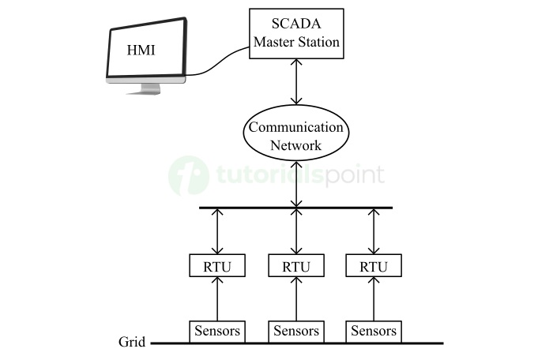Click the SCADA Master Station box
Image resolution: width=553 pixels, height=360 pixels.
click(296, 33)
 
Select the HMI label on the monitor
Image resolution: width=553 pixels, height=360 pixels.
click(142, 51)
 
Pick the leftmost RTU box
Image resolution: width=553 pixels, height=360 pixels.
click(217, 265)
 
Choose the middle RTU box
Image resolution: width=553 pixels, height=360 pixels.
click(296, 265)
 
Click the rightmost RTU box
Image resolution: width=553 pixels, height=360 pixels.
click(374, 265)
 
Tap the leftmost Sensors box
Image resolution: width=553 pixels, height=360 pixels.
click(217, 331)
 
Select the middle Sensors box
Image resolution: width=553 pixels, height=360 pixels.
click(296, 331)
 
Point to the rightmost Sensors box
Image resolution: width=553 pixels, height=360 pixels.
click(374, 331)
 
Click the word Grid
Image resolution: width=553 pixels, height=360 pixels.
click(131, 343)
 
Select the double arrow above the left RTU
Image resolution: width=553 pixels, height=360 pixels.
click(217, 231)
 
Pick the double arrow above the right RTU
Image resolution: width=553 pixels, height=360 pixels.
click(374, 231)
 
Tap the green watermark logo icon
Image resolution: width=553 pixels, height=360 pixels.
click(189, 174)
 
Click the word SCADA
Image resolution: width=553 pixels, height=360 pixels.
click(296, 24)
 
